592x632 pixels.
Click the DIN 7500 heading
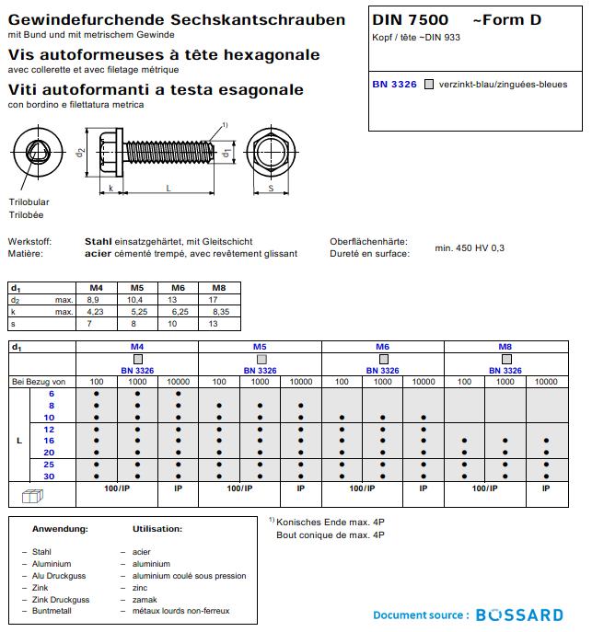pos(411,20)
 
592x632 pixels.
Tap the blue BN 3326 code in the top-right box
pos(394,85)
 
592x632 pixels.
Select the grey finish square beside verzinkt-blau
pos(428,85)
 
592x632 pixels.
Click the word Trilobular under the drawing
pos(29,202)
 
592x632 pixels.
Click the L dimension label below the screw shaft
pos(168,188)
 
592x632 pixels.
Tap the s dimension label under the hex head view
pos(270,188)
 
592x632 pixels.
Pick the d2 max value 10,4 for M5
pos(134,301)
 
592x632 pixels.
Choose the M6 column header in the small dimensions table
pos(178,288)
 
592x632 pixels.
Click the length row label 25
pos(51,465)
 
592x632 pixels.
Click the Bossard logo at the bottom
pos(521,615)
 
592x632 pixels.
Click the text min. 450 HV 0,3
pos(470,247)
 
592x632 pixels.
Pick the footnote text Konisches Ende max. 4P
pos(330,522)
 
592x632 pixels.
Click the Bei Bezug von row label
pos(39,381)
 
